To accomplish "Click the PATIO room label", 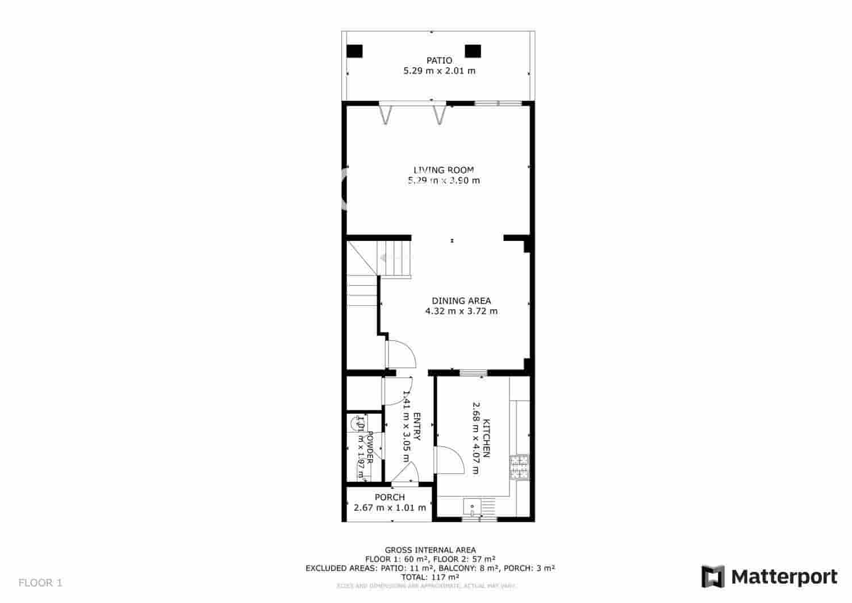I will point(439,60).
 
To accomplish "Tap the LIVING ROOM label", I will point(443,169).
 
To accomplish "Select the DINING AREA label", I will point(461,301).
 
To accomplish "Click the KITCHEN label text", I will point(486,438).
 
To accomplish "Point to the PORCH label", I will point(390,497).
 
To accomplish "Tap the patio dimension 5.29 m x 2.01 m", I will point(439,71).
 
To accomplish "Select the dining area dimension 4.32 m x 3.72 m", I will point(461,311).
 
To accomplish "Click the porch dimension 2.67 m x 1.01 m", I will point(390,508).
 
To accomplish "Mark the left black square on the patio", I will point(354,51).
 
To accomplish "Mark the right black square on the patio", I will point(473,51).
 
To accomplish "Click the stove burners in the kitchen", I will point(519,468).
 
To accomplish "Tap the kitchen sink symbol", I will point(471,506).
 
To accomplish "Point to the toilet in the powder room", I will point(358,423).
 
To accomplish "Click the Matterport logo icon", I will point(713,576).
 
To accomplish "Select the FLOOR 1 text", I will point(40,583).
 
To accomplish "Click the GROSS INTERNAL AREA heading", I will point(430,550).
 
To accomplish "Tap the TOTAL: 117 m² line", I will point(430,577).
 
